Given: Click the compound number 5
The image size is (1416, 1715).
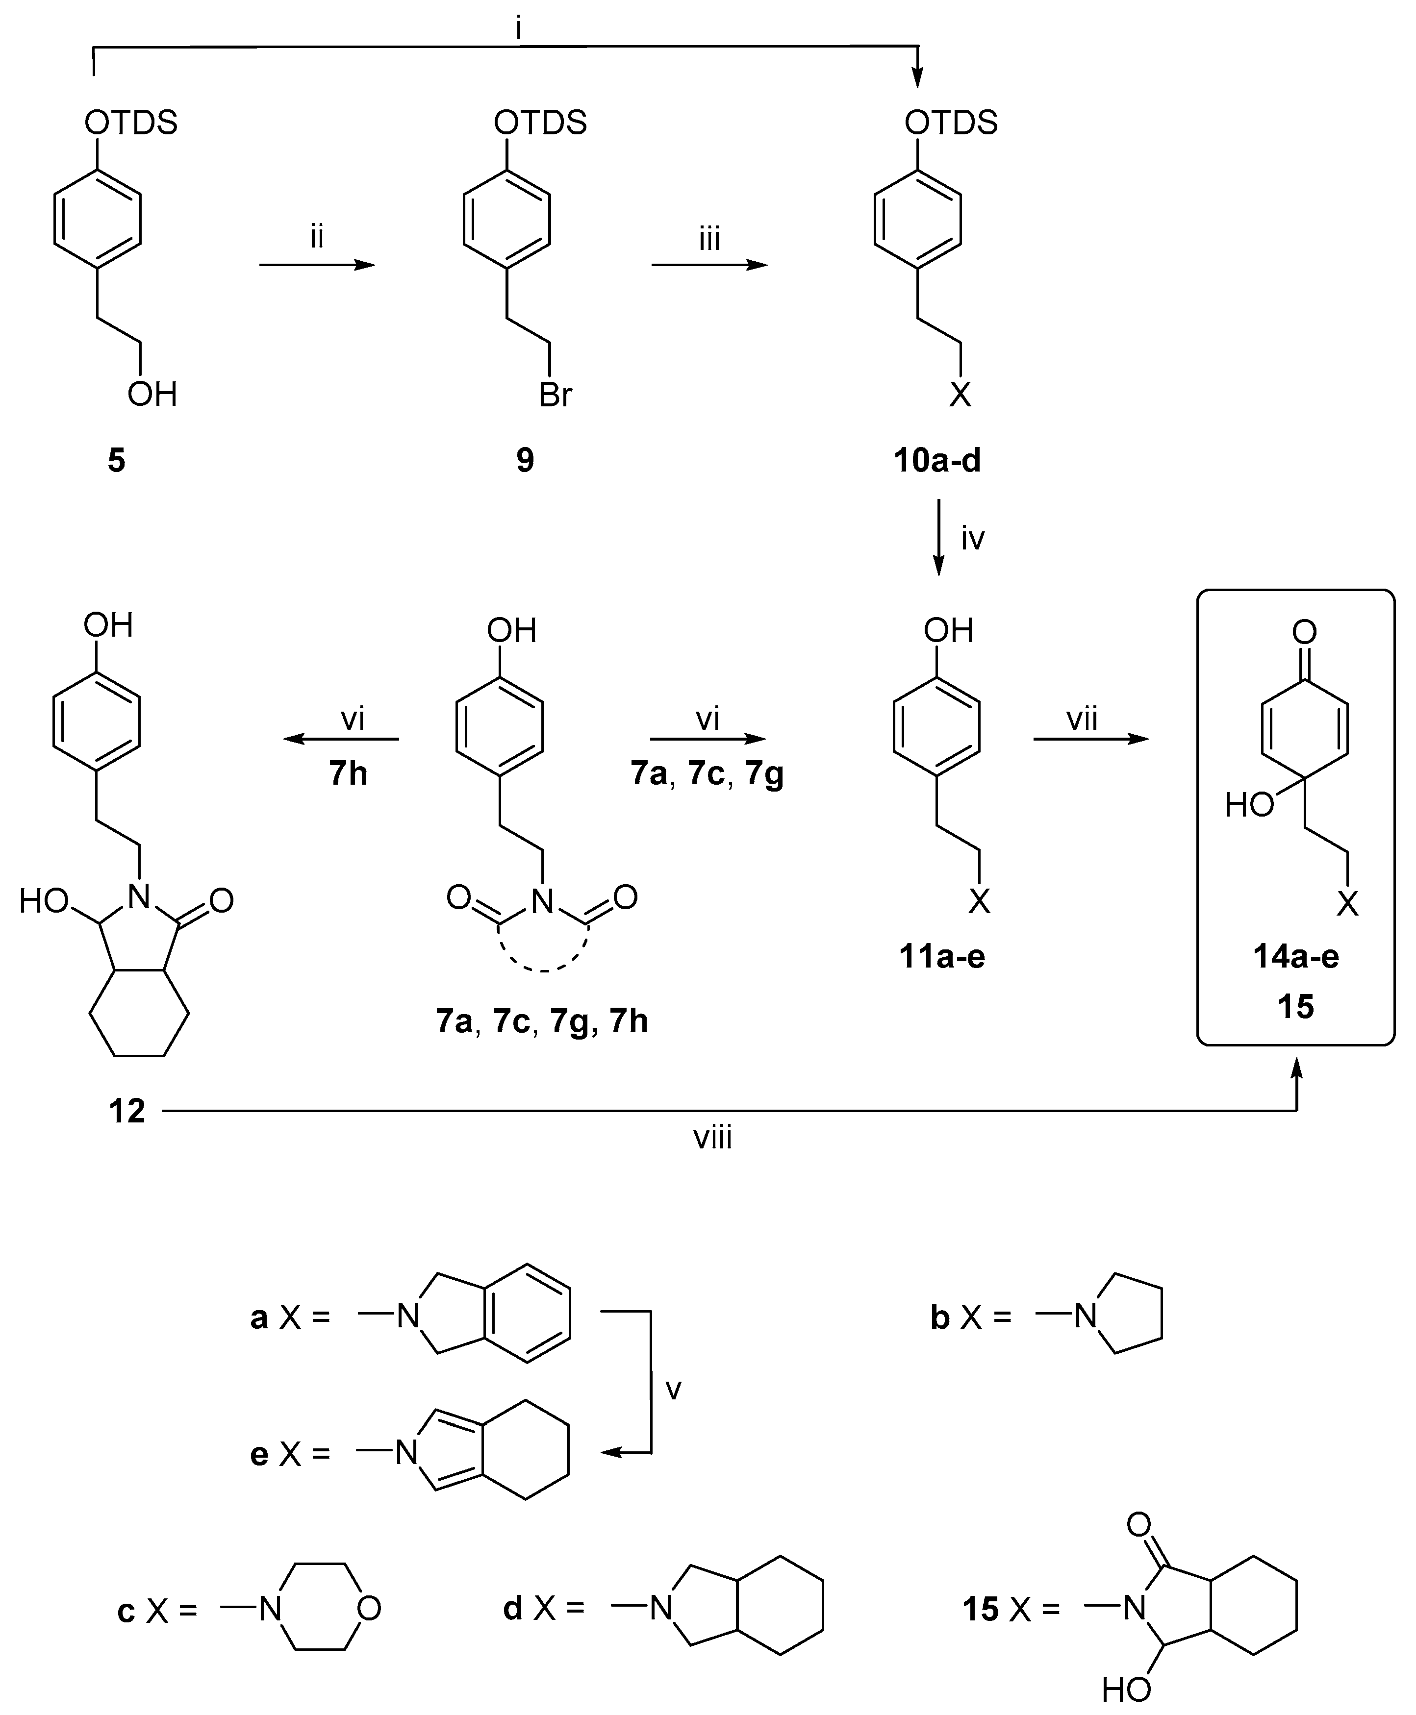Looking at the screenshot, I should pos(117,461).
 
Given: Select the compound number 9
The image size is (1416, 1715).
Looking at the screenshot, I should pos(525,461).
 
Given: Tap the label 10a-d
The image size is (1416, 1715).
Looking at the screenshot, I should pos(937,461).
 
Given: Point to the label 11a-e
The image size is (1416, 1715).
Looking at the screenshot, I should pos(942,956).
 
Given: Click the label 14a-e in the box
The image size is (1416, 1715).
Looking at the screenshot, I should pos(1296,956).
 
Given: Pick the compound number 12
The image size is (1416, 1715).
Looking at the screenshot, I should pos(127,1111).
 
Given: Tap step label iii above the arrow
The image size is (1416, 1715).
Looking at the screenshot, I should pos(709,239).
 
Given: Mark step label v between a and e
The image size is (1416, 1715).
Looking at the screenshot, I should pos(673,1388).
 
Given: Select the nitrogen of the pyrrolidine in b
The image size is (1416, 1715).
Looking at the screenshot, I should pos(1086,1316).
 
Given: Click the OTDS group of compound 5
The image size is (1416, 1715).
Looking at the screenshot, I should pos(130,123).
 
